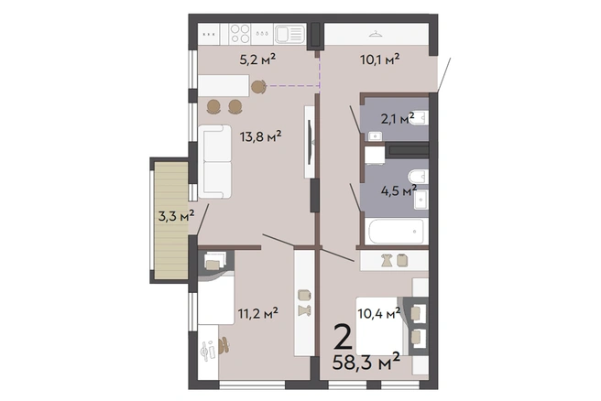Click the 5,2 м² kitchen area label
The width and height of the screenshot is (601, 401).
pyautogui.click(x=257, y=59)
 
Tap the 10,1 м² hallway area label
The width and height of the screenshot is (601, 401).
pyautogui.click(x=380, y=59)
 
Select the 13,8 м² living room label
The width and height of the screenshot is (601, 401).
pyautogui.click(x=260, y=136)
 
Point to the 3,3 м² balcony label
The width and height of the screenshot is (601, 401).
pyautogui.click(x=176, y=216)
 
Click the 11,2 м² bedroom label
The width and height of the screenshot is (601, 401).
pyautogui.click(x=258, y=313)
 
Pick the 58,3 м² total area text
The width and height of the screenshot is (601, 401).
pyautogui.click(x=366, y=362)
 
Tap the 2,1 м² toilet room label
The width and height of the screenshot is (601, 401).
pyautogui.click(x=398, y=119)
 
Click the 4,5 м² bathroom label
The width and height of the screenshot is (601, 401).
pyautogui.click(x=399, y=190)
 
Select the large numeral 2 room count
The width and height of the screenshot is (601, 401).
pyautogui.click(x=343, y=337)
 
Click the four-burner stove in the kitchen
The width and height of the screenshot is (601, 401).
pyautogui.click(x=240, y=34)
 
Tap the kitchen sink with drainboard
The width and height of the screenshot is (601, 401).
pyautogui.click(x=290, y=34)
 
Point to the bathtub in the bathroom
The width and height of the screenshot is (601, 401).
pyautogui.click(x=396, y=232)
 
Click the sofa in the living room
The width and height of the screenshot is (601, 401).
pyautogui.click(x=214, y=161)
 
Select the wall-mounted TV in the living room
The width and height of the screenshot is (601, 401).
pyautogui.click(x=310, y=142)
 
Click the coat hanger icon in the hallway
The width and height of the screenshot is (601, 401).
pyautogui.click(x=376, y=35)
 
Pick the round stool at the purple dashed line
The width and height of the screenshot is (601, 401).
pyautogui.click(x=258, y=87)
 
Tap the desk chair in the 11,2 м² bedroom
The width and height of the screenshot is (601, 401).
pyautogui.click(x=224, y=346)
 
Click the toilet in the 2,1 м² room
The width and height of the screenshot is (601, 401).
pyautogui.click(x=421, y=117)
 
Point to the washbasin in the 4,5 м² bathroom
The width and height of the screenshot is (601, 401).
pyautogui.click(x=421, y=200)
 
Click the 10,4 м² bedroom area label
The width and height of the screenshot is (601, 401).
pyautogui.click(x=379, y=313)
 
